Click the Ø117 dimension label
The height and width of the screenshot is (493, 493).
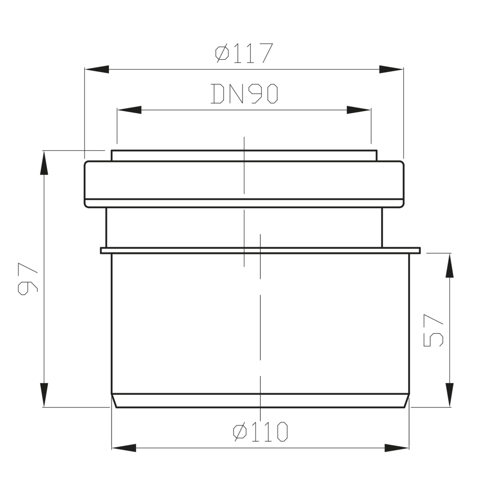click(x=244, y=53)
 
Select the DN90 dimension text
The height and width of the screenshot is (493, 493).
click(x=244, y=93)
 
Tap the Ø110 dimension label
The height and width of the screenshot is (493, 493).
click(x=260, y=432)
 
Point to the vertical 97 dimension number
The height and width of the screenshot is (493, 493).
click(x=27, y=279)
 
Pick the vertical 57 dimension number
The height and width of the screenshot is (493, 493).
click(x=433, y=330)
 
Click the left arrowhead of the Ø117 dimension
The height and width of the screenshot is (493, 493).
click(x=97, y=69)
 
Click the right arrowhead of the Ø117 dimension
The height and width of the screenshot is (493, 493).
click(x=391, y=69)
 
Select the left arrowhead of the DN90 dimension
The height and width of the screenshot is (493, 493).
click(x=129, y=110)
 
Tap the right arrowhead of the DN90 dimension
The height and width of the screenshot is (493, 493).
click(x=359, y=110)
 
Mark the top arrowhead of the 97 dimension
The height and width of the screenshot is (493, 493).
click(x=44, y=163)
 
